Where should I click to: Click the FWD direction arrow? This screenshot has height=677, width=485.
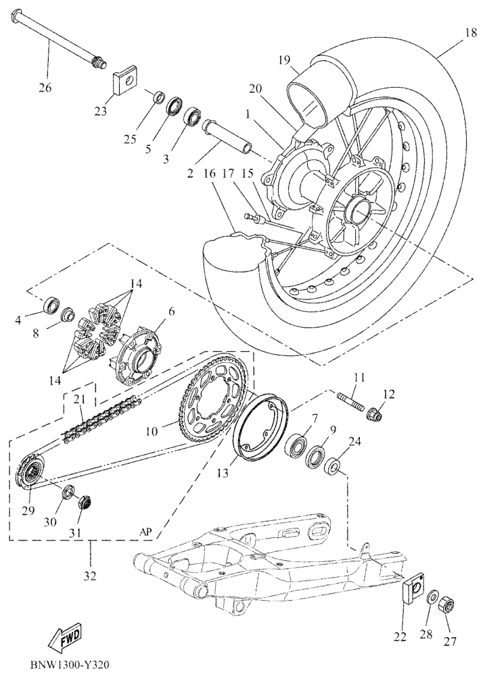click(x=66, y=636)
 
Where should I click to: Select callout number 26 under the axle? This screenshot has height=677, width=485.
click(x=45, y=88)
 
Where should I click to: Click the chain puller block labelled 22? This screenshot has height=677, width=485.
click(x=414, y=587)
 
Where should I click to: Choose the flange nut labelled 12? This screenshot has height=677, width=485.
click(x=374, y=414)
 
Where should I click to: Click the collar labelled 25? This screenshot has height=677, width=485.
click(x=159, y=97)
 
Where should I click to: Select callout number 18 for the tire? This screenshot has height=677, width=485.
click(x=471, y=32)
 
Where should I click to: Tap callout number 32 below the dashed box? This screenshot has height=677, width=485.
click(x=91, y=575)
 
